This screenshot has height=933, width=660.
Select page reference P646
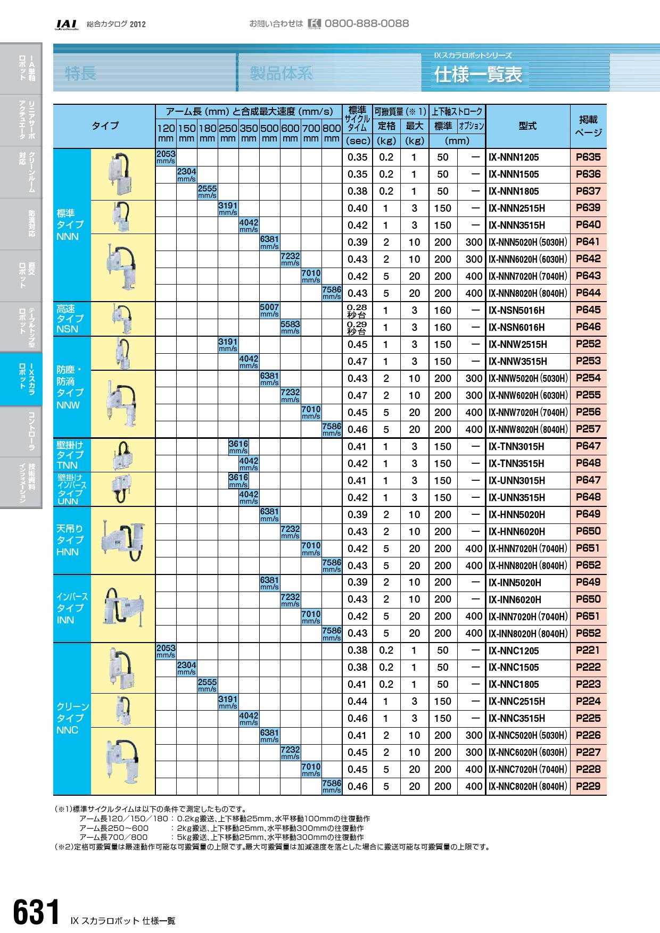pyautogui.click(x=588, y=327)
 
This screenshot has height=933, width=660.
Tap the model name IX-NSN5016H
pyautogui.click(x=516, y=311)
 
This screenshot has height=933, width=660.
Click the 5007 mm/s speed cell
pyautogui.click(x=269, y=311)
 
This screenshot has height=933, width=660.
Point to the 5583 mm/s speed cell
pyautogui.click(x=290, y=327)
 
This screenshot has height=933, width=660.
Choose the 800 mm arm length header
pyautogui.click(x=332, y=132)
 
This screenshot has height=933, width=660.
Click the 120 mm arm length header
pyautogui.click(x=166, y=132)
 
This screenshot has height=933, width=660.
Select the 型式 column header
pyautogui.click(x=527, y=126)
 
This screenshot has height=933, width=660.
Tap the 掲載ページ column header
pyautogui.click(x=588, y=126)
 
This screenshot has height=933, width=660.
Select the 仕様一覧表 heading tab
pyautogui.click(x=478, y=74)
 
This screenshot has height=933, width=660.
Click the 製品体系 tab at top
pyautogui.click(x=281, y=73)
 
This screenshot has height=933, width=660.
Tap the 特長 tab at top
pyautogui.click(x=80, y=73)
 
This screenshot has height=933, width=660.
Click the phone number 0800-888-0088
pyautogui.click(x=366, y=23)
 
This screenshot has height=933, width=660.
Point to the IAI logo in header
pyautogui.click(x=67, y=24)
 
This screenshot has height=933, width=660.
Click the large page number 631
pyautogui.click(x=36, y=913)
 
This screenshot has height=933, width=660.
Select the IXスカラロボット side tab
pyautogui.click(x=21, y=379)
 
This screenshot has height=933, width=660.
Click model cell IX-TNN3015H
pyautogui.click(x=516, y=447)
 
